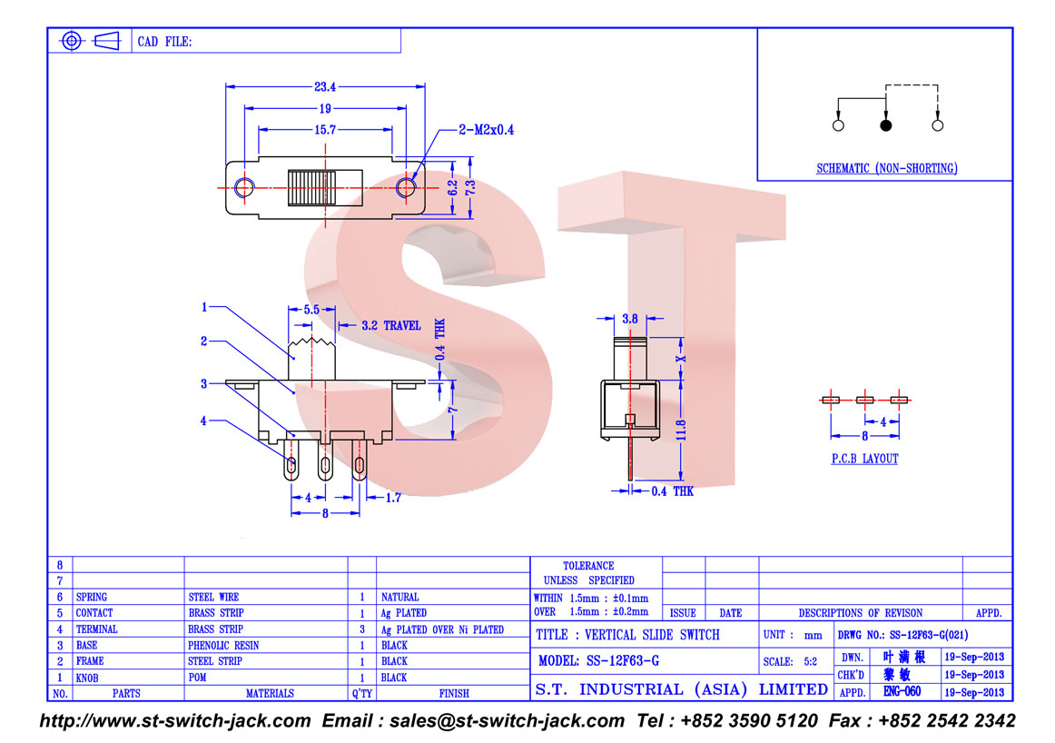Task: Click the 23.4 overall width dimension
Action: pyautogui.click(x=325, y=87)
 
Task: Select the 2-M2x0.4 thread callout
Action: pyautogui.click(x=487, y=130)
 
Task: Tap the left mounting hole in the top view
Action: pyautogui.click(x=244, y=187)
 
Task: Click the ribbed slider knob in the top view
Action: pyautogui.click(x=311, y=188)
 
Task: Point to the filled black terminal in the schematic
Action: pyautogui.click(x=886, y=125)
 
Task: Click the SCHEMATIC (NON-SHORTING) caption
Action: pyautogui.click(x=887, y=168)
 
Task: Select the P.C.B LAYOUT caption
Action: pyautogui.click(x=864, y=459)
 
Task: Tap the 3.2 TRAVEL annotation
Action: pyautogui.click(x=391, y=326)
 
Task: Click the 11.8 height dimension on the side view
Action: pyautogui.click(x=681, y=431)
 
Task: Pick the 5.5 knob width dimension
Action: pyautogui.click(x=311, y=310)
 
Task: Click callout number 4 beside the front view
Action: pyautogui.click(x=203, y=421)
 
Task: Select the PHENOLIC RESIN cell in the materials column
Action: pyautogui.click(x=223, y=646)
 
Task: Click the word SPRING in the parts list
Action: pyautogui.click(x=92, y=597)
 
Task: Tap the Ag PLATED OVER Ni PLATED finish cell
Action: pyautogui.click(x=442, y=630)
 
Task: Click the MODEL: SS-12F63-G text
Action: pyautogui.click(x=599, y=661)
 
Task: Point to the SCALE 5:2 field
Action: pyautogui.click(x=790, y=661)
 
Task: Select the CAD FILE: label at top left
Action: pyautogui.click(x=165, y=42)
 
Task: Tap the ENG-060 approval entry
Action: pyautogui.click(x=902, y=691)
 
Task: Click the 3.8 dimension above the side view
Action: pyautogui.click(x=630, y=319)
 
